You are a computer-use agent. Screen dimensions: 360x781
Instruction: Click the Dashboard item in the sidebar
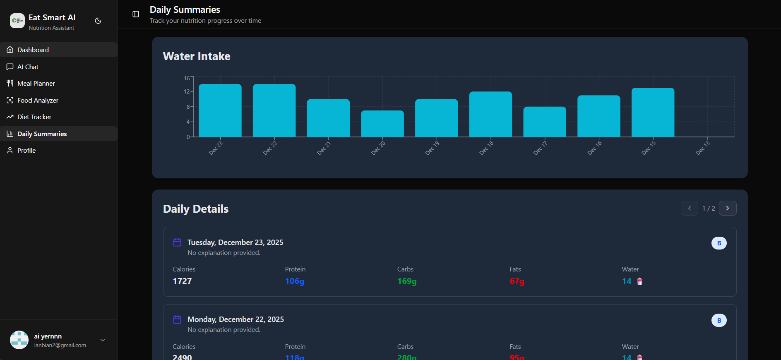(x=33, y=50)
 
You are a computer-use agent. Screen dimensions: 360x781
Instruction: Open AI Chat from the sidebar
(x=28, y=67)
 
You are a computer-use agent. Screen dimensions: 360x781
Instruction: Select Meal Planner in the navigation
(x=36, y=83)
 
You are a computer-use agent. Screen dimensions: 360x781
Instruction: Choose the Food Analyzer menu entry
(x=38, y=100)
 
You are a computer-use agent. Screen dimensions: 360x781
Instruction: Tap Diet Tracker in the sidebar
(x=34, y=117)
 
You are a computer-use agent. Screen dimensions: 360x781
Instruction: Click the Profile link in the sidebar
(x=26, y=150)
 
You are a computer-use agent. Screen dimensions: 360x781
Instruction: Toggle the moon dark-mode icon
(x=98, y=21)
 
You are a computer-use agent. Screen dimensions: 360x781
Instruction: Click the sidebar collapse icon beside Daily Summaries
(x=136, y=14)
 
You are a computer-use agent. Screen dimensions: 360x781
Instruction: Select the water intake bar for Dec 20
(x=382, y=124)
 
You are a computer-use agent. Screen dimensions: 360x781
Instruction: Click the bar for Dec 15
(x=653, y=113)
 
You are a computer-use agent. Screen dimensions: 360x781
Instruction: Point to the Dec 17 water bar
(x=545, y=122)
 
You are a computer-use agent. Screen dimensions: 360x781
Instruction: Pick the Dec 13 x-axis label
(x=702, y=148)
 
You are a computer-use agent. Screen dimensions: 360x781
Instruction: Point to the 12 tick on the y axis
(x=187, y=91)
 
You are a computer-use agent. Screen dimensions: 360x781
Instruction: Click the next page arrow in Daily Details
(x=728, y=208)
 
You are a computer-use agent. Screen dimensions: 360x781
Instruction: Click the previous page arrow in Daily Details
(x=690, y=208)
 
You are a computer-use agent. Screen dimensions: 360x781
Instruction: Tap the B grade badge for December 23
(x=719, y=243)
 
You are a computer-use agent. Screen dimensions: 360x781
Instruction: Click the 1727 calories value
(x=182, y=281)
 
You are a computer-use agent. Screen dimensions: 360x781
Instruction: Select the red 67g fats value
(x=517, y=281)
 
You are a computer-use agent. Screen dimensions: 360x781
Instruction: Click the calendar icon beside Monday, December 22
(x=177, y=319)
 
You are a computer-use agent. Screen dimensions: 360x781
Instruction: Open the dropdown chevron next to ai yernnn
(x=103, y=340)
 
